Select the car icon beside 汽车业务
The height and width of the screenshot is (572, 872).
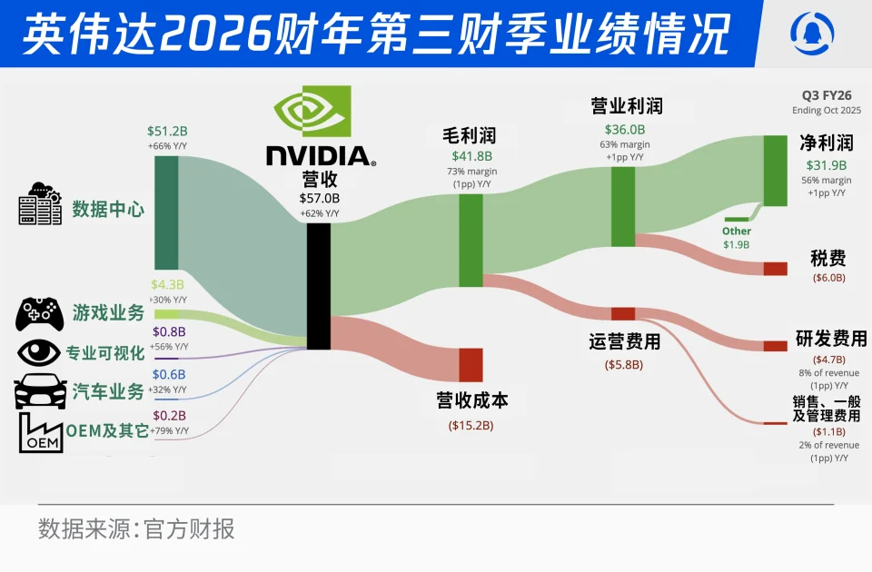click(x=40, y=391)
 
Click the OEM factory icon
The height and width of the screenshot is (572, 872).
click(x=41, y=433)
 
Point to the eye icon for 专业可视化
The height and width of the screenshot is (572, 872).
click(x=38, y=352)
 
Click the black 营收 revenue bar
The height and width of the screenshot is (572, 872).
click(x=318, y=286)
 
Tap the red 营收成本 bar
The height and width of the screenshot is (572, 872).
click(x=470, y=364)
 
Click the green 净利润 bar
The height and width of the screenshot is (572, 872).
click(x=776, y=171)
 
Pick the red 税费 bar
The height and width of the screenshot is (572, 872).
click(x=775, y=268)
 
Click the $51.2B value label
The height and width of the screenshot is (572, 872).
click(x=165, y=132)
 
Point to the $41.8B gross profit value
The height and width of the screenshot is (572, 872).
click(x=464, y=156)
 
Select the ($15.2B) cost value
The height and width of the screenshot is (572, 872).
click(x=470, y=424)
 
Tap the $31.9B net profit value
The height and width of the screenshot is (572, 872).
click(x=826, y=165)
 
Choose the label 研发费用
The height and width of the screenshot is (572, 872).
click(x=830, y=339)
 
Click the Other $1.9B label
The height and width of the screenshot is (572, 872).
click(x=737, y=238)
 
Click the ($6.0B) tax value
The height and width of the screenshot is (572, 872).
click(x=828, y=278)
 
